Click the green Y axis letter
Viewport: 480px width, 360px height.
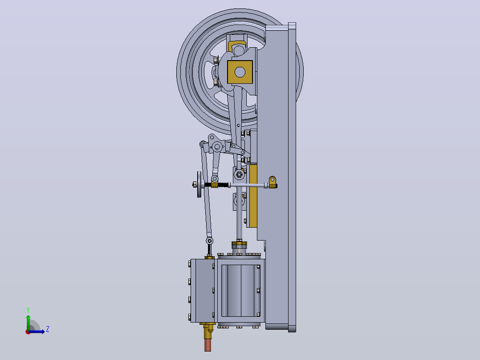[x=28, y=310]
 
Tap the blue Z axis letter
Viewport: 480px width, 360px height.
[x=48, y=329]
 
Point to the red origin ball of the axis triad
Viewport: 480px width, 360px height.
[x=28, y=332]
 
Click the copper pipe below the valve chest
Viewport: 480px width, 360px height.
[x=207, y=344]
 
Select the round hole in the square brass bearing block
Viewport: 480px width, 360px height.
[x=240, y=72]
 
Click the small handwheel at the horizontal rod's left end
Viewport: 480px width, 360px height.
[x=199, y=184]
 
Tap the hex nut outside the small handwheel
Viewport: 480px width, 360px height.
[x=195, y=184]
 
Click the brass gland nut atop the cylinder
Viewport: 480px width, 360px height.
[x=239, y=245]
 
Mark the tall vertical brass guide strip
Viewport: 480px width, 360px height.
[x=253, y=196]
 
